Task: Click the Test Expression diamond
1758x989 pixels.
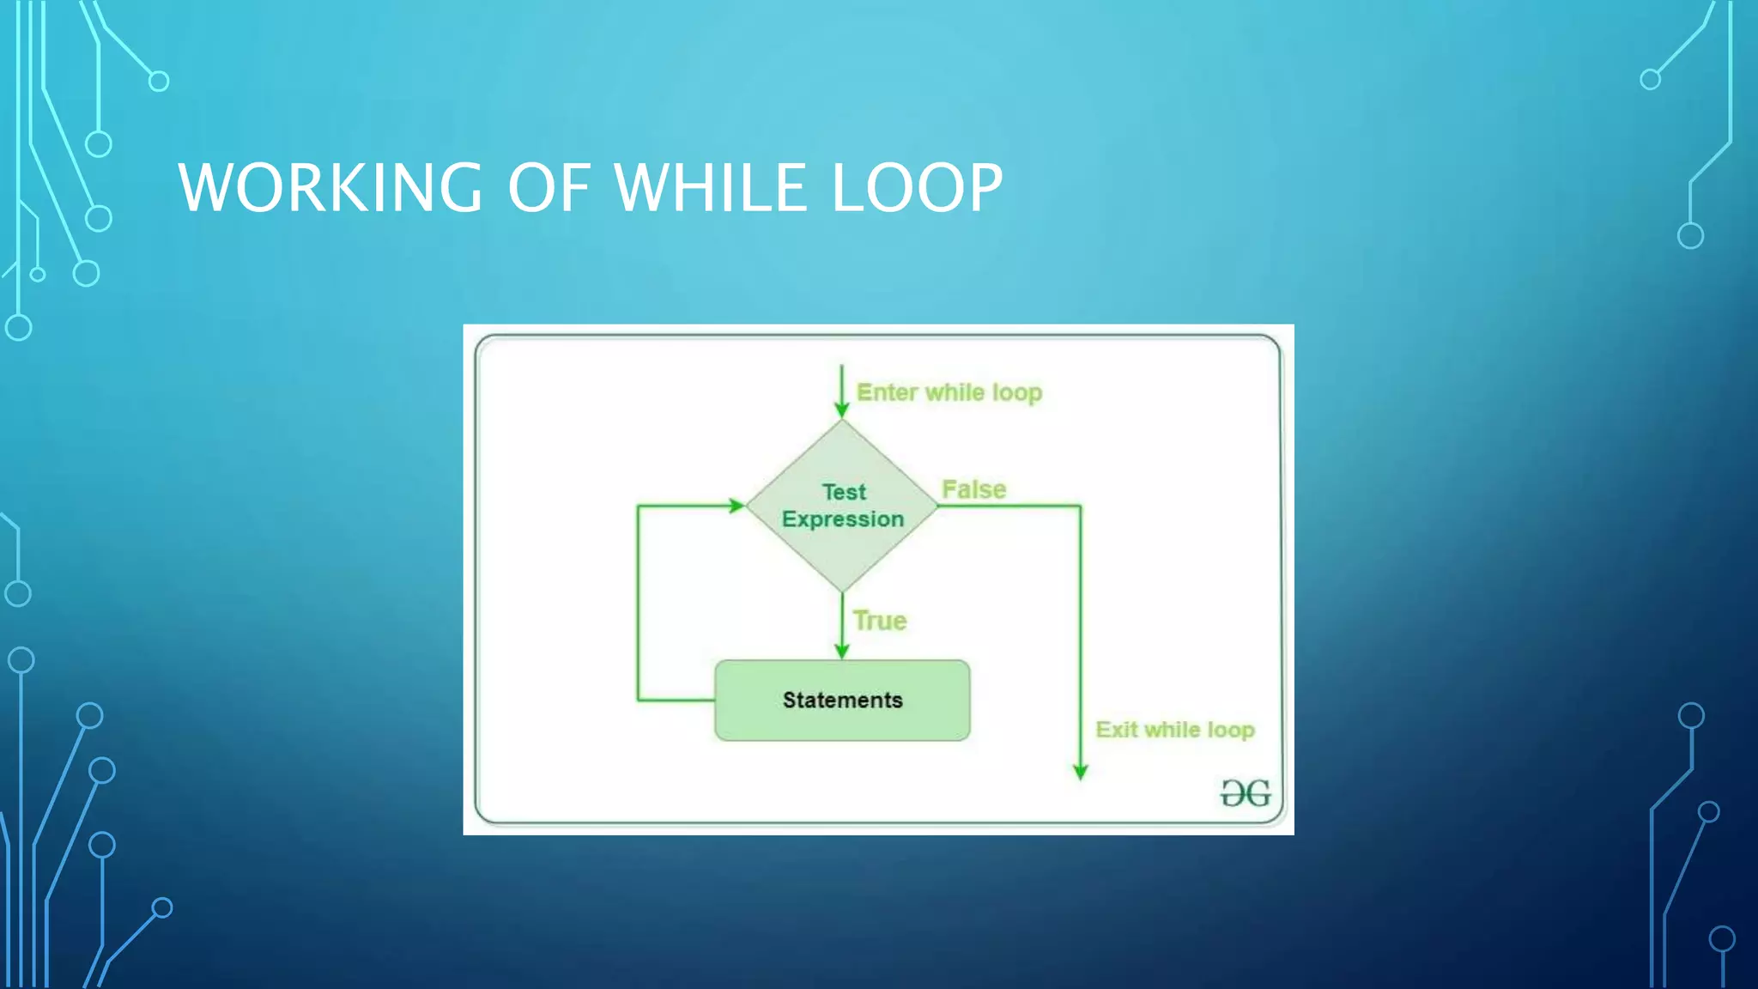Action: click(x=842, y=506)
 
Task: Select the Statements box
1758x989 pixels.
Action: click(x=842, y=700)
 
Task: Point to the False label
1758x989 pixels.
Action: click(x=973, y=489)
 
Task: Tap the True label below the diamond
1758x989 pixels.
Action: click(x=880, y=621)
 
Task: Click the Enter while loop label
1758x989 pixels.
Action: click(x=949, y=392)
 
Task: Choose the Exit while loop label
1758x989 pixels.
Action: click(x=1174, y=730)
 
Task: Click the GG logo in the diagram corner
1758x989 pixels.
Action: click(x=1246, y=792)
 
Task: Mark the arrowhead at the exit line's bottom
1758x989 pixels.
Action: click(x=1081, y=772)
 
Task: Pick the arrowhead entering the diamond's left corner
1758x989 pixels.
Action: click(x=737, y=506)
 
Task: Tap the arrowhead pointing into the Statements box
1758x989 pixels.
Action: click(x=842, y=652)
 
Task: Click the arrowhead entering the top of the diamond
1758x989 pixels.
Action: click(x=842, y=410)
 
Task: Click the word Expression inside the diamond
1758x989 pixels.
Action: click(x=843, y=519)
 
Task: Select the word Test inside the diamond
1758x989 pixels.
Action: click(x=844, y=492)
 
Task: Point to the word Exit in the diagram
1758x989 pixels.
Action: click(x=1116, y=730)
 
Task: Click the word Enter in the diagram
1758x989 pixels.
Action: click(x=888, y=392)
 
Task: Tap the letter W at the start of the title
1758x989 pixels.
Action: click(x=203, y=187)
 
